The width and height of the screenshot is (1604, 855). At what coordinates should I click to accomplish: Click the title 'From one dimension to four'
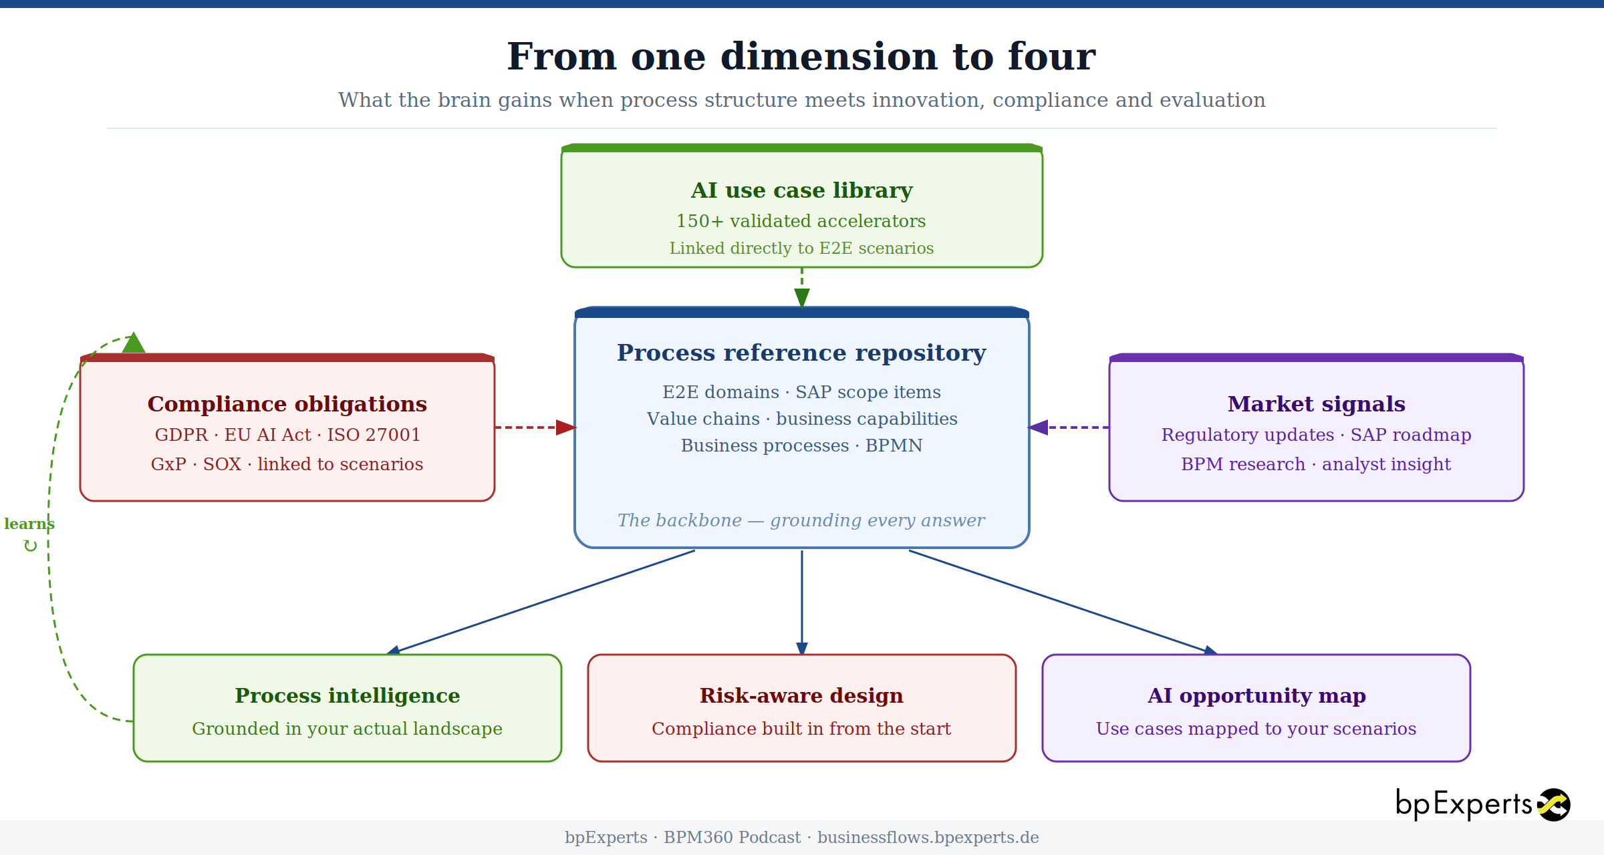click(x=801, y=57)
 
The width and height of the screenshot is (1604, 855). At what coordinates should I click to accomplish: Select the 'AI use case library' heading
click(x=801, y=190)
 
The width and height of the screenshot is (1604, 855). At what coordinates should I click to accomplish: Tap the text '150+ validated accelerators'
click(x=801, y=221)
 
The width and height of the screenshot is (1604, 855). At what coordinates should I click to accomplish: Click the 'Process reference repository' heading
click(x=801, y=353)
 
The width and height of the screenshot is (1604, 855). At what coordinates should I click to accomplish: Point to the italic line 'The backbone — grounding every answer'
click(x=801, y=520)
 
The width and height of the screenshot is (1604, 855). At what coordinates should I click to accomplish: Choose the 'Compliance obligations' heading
click(x=287, y=404)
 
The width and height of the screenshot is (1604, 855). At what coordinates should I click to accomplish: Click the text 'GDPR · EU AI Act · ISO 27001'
click(x=287, y=435)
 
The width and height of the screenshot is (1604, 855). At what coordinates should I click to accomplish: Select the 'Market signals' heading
click(x=1316, y=404)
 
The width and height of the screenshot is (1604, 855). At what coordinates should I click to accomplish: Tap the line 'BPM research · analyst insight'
click(x=1315, y=464)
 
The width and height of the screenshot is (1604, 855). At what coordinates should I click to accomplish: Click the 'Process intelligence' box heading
click(x=347, y=696)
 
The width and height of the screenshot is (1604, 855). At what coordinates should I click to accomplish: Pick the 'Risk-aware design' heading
click(x=801, y=696)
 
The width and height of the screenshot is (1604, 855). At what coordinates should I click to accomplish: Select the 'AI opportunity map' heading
click(x=1256, y=696)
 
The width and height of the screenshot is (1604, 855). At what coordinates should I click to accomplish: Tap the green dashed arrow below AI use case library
click(x=802, y=287)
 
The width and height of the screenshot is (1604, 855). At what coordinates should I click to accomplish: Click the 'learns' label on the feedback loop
click(x=29, y=524)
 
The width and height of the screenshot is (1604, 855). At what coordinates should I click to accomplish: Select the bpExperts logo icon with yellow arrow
click(x=1554, y=805)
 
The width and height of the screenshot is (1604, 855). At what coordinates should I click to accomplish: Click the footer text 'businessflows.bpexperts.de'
click(x=928, y=838)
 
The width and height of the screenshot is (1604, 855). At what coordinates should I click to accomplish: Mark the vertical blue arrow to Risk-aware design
click(x=802, y=601)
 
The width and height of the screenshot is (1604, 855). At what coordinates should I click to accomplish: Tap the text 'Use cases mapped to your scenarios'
click(x=1256, y=729)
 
